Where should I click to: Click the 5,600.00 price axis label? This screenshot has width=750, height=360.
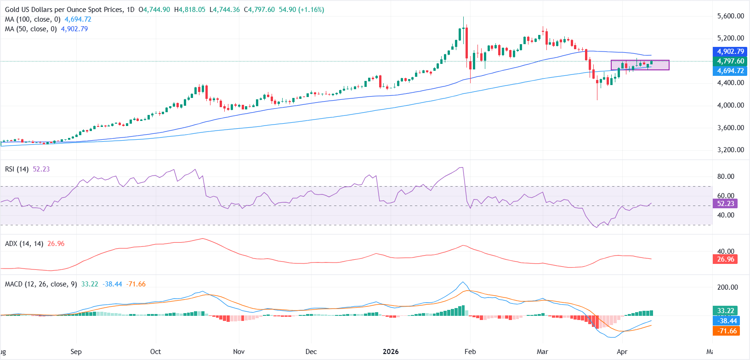[730, 16]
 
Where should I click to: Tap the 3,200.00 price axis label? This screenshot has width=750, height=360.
[730, 150]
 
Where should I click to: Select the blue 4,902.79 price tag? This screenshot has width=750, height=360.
[730, 51]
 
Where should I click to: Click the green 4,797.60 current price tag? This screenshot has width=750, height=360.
[730, 61]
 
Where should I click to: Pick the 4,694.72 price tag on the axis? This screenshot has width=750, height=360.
[730, 71]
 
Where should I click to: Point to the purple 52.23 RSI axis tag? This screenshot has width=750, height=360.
[726, 203]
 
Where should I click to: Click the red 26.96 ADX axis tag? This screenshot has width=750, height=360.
[726, 259]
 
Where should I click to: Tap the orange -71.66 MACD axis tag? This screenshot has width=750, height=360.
[727, 331]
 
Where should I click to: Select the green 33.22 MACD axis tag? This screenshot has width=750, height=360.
[726, 311]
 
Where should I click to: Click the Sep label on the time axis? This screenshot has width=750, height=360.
[76, 352]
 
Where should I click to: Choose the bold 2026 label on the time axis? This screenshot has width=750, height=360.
[391, 352]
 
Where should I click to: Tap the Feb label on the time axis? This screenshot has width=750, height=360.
[470, 352]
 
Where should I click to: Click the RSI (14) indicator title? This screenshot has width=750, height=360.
[17, 169]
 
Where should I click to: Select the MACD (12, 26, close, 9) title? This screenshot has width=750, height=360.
[41, 284]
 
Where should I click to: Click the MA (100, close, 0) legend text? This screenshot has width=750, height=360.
[33, 19]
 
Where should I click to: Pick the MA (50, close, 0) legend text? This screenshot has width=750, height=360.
[31, 29]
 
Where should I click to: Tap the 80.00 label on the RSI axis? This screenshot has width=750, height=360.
[726, 177]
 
